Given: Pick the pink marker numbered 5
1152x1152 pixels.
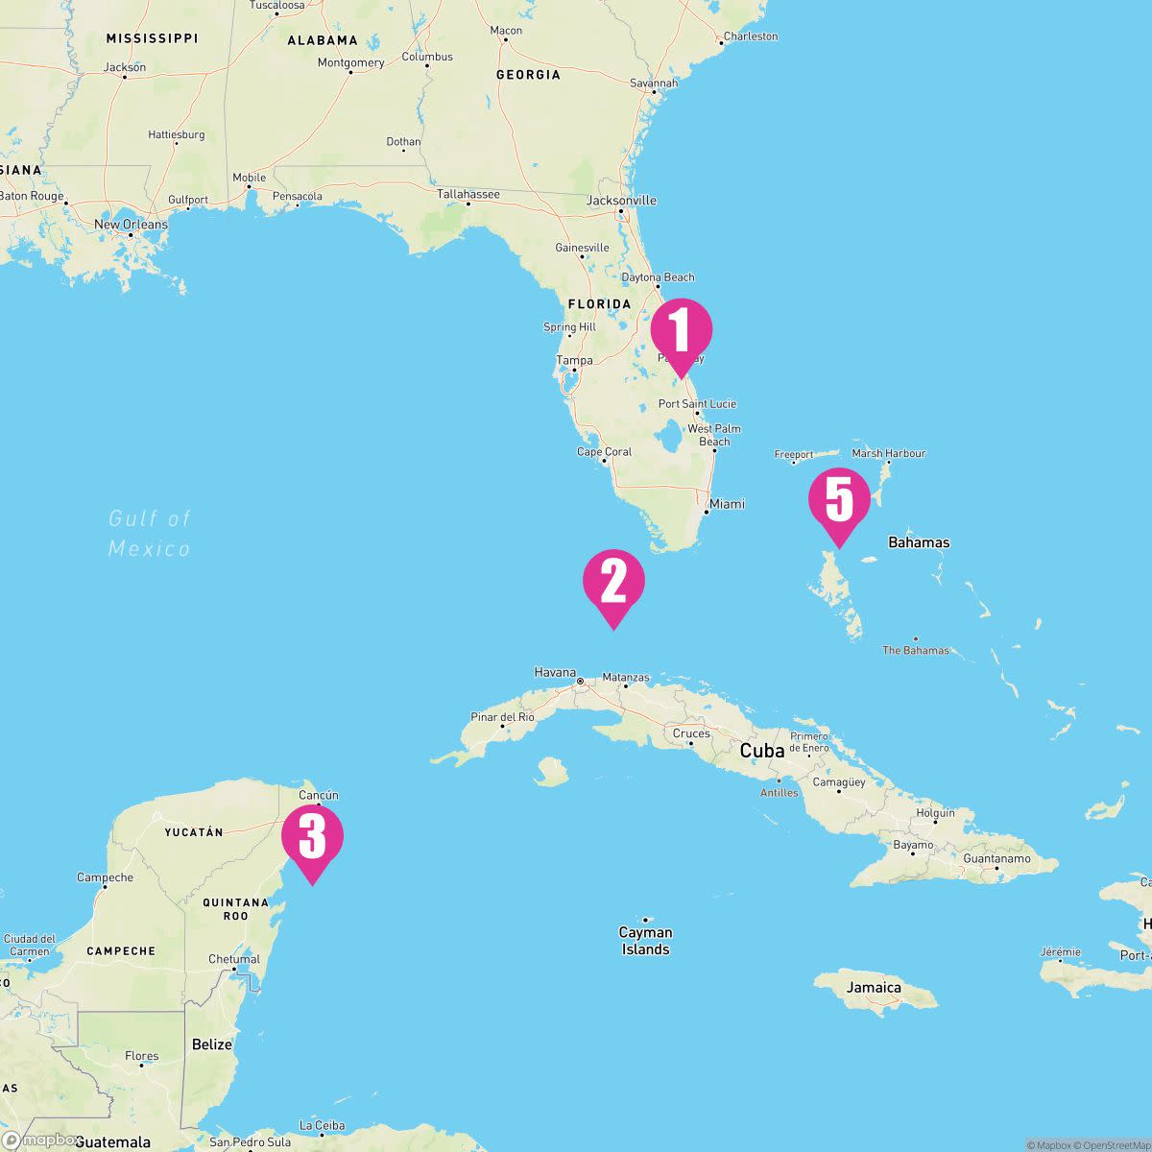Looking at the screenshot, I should tap(839, 500).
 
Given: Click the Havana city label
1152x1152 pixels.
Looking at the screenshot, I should tap(555, 673).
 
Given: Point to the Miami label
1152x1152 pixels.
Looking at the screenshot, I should tap(727, 504).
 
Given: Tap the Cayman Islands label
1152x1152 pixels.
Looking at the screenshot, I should tap(645, 941).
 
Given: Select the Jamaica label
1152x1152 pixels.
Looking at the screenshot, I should tap(874, 987).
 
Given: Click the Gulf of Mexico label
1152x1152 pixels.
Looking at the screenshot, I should tap(150, 534).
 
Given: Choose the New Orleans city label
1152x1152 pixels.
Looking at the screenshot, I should tap(131, 225).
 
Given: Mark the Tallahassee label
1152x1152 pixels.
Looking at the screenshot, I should tap(468, 194).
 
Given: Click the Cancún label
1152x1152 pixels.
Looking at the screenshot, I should tap(319, 795).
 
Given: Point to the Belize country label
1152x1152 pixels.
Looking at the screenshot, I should tap(211, 1044).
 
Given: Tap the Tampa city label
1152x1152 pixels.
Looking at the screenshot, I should tap(575, 361).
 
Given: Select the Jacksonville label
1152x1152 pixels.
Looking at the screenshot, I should tap(622, 201).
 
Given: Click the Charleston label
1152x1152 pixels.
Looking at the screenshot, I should tap(751, 36).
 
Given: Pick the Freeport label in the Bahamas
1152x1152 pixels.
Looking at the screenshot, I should tap(794, 454).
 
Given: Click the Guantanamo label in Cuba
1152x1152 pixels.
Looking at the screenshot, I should tap(996, 858).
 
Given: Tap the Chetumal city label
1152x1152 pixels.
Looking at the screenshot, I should tap(234, 959).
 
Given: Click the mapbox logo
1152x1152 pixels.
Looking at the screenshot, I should tap(40, 1140).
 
